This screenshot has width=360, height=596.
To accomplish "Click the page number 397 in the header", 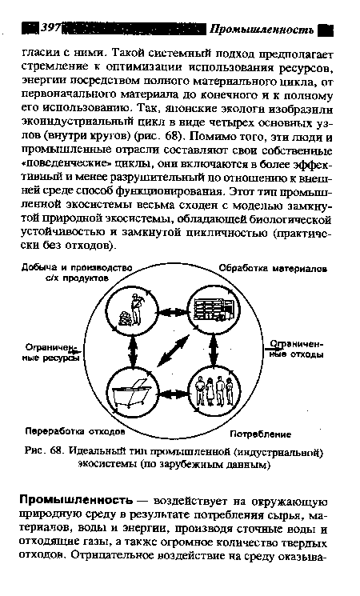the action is [52, 28].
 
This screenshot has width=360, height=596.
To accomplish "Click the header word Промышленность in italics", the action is [261, 29].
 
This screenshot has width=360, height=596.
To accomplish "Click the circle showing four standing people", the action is [213, 392].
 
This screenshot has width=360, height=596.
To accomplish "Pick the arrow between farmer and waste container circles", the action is [129, 350].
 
